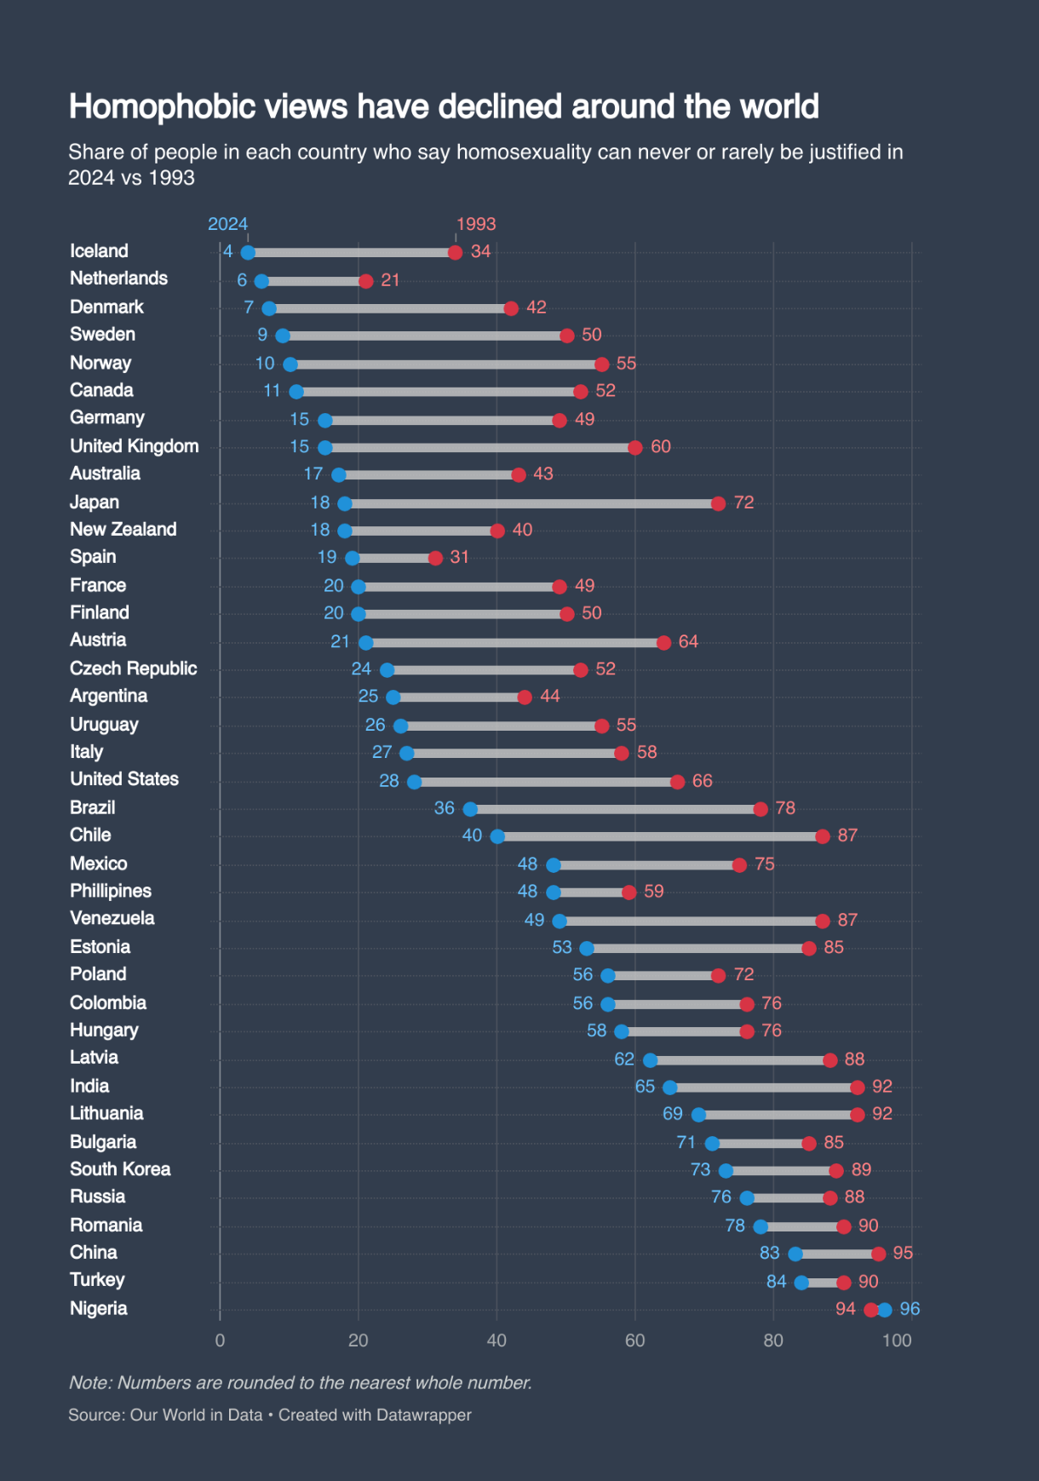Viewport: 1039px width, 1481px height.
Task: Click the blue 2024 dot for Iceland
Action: click(x=248, y=252)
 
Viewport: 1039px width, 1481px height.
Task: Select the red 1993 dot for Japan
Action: click(x=718, y=503)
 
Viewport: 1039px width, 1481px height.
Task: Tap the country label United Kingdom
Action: click(x=134, y=446)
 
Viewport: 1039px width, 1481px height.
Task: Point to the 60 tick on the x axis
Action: click(x=634, y=1340)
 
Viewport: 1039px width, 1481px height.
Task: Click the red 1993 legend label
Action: click(x=475, y=224)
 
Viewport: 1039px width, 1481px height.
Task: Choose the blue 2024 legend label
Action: click(x=227, y=224)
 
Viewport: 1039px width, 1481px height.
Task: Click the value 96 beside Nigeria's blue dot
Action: click(x=910, y=1309)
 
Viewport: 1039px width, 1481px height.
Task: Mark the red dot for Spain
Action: click(x=435, y=558)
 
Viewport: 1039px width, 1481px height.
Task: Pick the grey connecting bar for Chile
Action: click(x=660, y=836)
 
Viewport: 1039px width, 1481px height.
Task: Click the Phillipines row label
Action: click(x=111, y=891)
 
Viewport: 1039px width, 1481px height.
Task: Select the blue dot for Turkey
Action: click(x=801, y=1283)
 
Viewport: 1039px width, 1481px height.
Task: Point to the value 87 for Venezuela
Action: click(x=847, y=920)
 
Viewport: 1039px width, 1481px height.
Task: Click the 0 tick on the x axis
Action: click(x=220, y=1340)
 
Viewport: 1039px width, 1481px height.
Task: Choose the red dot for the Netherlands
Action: click(x=366, y=281)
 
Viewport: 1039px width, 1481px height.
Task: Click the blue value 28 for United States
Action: click(x=389, y=781)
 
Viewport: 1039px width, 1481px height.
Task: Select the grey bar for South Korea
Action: click(x=781, y=1171)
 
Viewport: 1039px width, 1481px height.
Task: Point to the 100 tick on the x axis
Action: click(x=897, y=1340)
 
